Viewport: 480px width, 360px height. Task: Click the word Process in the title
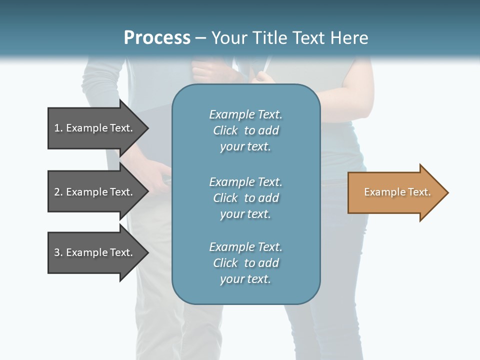pyautogui.click(x=157, y=38)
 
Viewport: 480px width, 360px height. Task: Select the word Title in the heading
pyautogui.click(x=267, y=38)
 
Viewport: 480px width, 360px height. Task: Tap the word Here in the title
pyautogui.click(x=349, y=38)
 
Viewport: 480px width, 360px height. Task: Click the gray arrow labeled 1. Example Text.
pyautogui.click(x=95, y=128)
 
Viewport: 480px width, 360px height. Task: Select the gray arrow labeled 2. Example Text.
pyautogui.click(x=95, y=192)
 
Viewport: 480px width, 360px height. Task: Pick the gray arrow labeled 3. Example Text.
pyautogui.click(x=95, y=252)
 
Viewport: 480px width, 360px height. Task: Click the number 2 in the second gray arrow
pyautogui.click(x=57, y=192)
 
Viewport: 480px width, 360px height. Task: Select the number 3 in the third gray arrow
pyautogui.click(x=57, y=252)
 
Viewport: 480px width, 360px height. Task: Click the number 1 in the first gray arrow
pyautogui.click(x=57, y=128)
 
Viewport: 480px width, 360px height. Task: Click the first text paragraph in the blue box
pyautogui.click(x=245, y=130)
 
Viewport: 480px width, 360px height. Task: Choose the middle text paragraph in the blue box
pyautogui.click(x=245, y=198)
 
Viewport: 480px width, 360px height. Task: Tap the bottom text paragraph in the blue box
pyautogui.click(x=245, y=263)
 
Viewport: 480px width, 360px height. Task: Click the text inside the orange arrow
pyautogui.click(x=397, y=192)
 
